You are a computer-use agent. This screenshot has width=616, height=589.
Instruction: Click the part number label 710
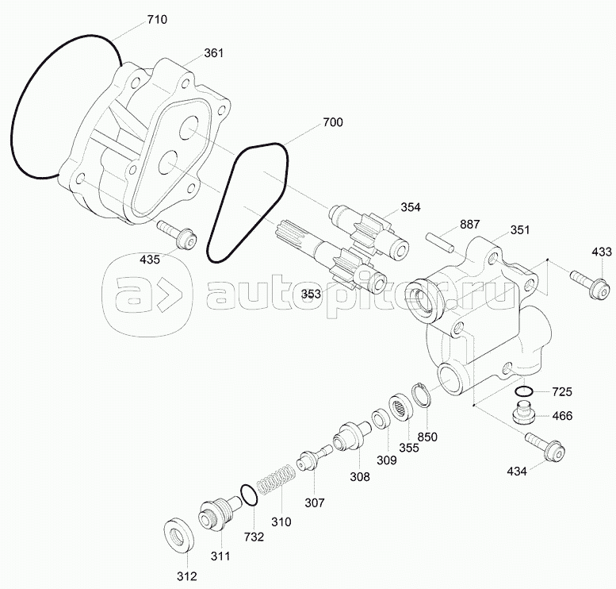click(157, 18)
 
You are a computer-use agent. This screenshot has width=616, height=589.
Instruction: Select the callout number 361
click(213, 53)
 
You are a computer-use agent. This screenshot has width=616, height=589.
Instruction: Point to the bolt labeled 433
click(587, 280)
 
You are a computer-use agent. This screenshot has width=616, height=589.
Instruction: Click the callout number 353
click(312, 294)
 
